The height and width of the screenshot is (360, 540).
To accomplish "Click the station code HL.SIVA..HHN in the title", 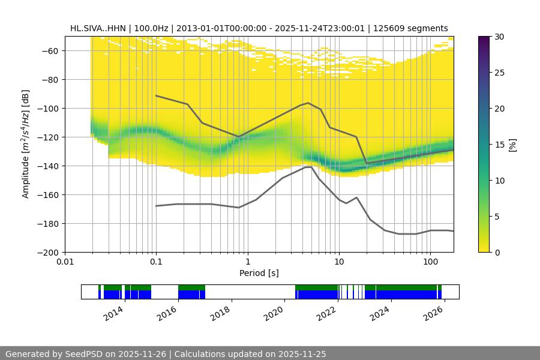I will (98, 28).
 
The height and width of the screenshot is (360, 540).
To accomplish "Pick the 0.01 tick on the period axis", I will (65, 262).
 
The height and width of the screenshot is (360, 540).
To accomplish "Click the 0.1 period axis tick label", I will (156, 262).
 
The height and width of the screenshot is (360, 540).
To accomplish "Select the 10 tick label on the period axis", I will (339, 262).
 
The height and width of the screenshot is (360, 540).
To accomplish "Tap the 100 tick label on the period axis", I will (430, 262).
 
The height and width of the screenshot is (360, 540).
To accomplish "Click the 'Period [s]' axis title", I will (259, 273).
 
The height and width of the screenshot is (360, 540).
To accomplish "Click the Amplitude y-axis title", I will (26, 144).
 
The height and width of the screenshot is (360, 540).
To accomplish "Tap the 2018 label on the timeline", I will (221, 313).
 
